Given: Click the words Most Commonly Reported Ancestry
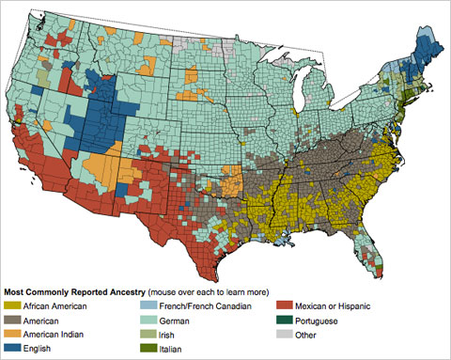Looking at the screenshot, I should click(x=72, y=292).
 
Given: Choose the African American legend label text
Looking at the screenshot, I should click(x=55, y=306).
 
